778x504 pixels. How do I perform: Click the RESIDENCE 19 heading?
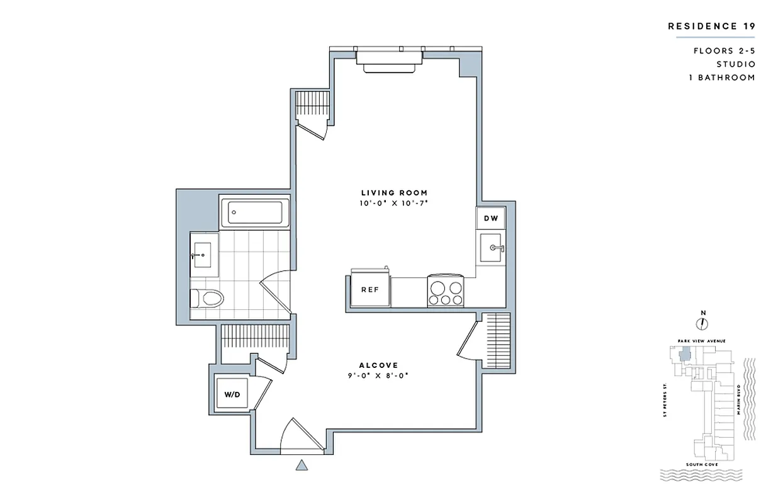pos(711,26)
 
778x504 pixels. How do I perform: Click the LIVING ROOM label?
pos(394,193)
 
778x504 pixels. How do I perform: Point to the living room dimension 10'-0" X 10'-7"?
pos(394,203)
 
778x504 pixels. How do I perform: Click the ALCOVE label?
pos(378,365)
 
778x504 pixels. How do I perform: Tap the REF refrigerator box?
pos(369,290)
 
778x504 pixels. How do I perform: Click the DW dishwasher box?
pos(490,219)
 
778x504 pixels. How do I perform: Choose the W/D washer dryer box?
pos(232,394)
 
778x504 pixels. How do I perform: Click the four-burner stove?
pos(446,290)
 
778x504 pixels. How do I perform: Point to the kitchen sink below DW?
pos(490,248)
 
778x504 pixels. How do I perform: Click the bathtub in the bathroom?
pos(254,212)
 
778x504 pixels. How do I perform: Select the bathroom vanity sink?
pos(204,255)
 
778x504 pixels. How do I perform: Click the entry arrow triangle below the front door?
pos(302,466)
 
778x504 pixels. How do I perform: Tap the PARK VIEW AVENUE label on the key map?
pos(701,341)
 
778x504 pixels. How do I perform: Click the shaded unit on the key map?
pos(684,355)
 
